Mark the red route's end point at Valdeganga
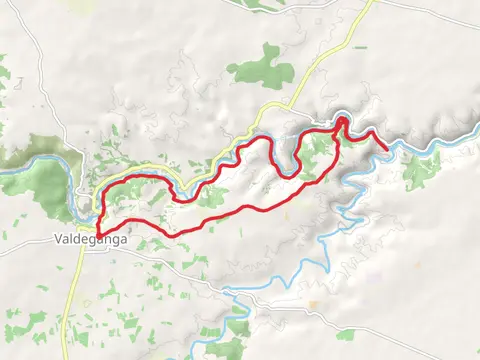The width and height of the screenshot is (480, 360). coord(97,236)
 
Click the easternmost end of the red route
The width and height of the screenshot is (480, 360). coord(387,148)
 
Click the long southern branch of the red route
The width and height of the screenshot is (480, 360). coord(240,212)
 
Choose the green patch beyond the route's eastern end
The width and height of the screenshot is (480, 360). coord(420,170)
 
